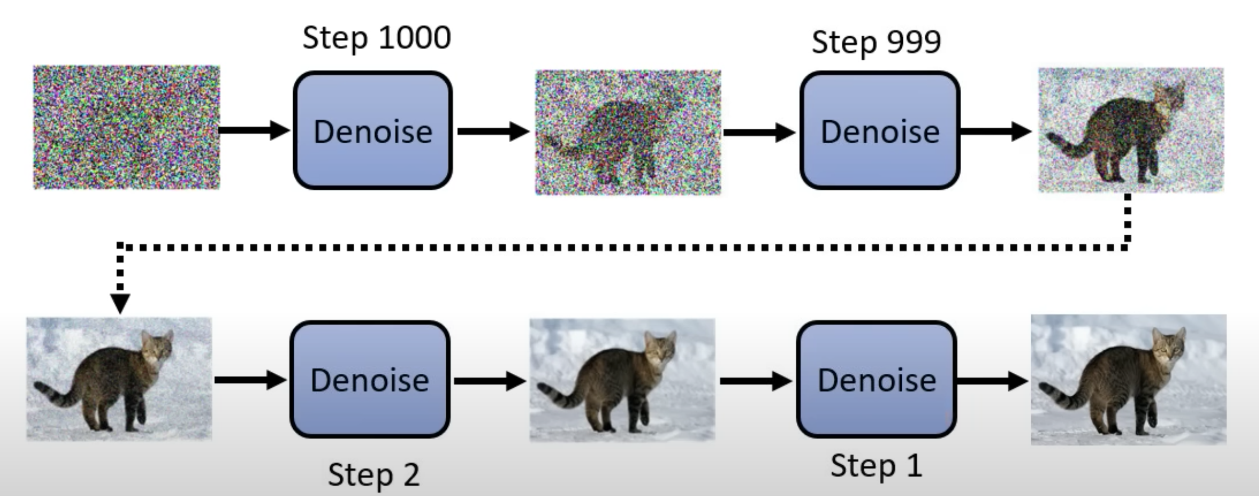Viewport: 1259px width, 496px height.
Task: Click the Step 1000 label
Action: [377, 38]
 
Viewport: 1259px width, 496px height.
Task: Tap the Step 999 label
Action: [876, 42]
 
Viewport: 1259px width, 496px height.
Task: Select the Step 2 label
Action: [374, 475]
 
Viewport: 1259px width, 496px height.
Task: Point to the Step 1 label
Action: [876, 466]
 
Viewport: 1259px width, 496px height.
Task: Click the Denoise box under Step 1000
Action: [373, 131]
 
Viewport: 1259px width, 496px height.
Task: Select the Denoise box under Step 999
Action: [880, 131]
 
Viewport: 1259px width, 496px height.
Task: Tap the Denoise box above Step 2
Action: [370, 379]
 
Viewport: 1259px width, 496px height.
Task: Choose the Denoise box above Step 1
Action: [876, 379]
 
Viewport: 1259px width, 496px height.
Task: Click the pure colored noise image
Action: [126, 127]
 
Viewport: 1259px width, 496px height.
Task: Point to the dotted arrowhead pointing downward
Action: [120, 304]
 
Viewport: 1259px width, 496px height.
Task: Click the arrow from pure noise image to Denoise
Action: [254, 130]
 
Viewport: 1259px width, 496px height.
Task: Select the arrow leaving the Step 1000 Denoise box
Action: [493, 131]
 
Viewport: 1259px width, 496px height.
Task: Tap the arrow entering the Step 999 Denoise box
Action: [759, 133]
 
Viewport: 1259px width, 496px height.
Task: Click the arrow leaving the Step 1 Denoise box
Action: [992, 381]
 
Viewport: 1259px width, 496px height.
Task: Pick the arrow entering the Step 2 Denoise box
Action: [250, 380]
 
